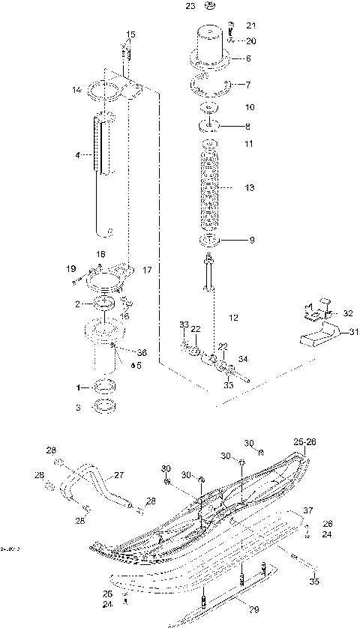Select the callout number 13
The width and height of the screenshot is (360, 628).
tap(250, 187)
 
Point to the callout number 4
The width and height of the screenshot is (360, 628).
tap(77, 155)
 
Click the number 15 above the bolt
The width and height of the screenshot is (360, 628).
tap(131, 34)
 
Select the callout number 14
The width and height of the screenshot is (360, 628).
tap(76, 90)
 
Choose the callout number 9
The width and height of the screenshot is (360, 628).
tap(252, 241)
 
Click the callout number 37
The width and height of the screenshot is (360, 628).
tap(307, 510)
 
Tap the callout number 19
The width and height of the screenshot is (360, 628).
tap(70, 268)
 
